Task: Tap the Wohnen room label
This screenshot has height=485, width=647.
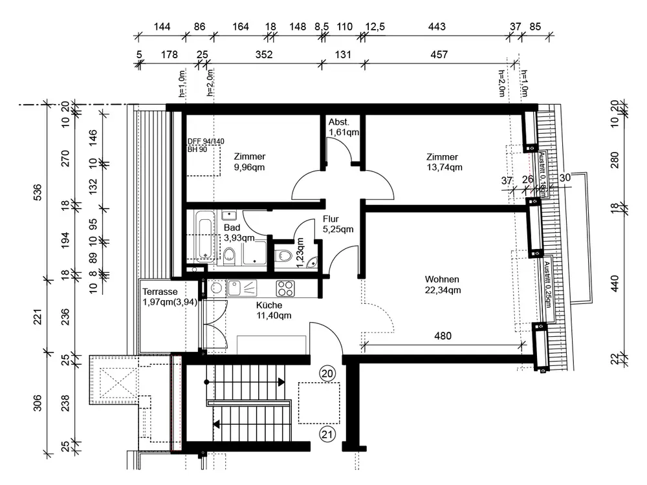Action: pos(442,279)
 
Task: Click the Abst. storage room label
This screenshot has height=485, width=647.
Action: pos(340,122)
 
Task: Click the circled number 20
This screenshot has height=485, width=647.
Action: pos(327,374)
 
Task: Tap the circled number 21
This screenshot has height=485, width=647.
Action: pos(327,434)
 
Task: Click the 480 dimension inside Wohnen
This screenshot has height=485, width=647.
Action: pos(443,336)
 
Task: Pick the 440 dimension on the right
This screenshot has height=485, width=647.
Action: pos(615,283)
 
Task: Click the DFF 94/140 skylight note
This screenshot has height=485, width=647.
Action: pos(205,142)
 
